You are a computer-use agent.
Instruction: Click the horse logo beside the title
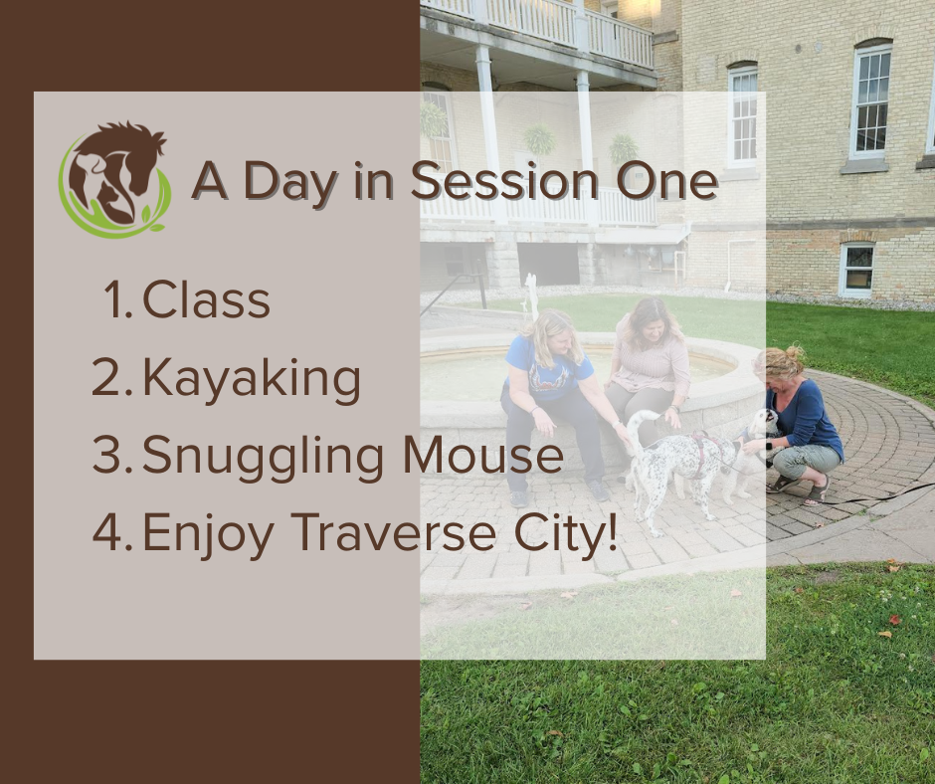(x=113, y=180)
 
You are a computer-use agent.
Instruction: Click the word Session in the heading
(x=504, y=180)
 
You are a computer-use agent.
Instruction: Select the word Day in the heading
(x=290, y=181)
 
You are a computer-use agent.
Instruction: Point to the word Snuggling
(x=263, y=457)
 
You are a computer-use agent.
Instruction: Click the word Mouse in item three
(x=483, y=455)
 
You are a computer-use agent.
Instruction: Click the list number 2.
(x=108, y=377)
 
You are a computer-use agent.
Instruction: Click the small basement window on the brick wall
(x=858, y=270)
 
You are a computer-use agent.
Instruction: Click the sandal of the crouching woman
(x=817, y=492)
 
